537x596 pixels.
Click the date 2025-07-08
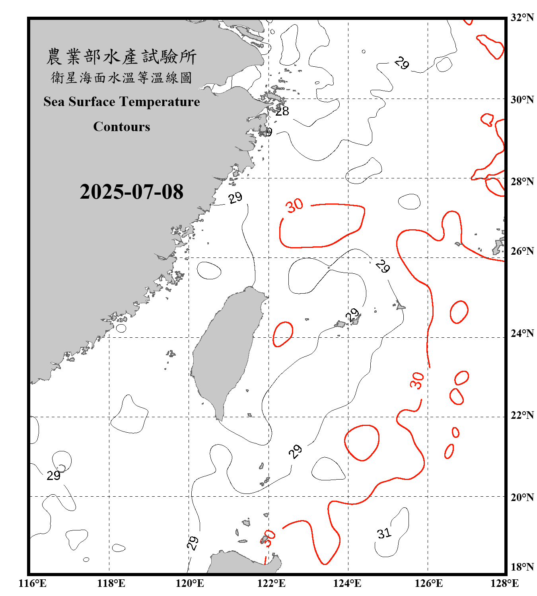click(x=131, y=192)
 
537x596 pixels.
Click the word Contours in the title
click(x=122, y=127)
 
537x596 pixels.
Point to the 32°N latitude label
click(x=522, y=17)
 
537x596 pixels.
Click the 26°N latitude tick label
click(x=522, y=251)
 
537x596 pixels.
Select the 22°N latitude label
click(x=522, y=415)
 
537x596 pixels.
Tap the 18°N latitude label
click(x=522, y=567)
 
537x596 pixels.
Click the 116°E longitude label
click(x=33, y=583)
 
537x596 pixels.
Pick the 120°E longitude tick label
click(x=190, y=583)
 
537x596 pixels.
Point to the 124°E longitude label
click(x=347, y=583)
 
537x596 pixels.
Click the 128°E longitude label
click(x=504, y=583)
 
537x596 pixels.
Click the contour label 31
click(x=384, y=533)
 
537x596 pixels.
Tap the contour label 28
click(x=282, y=111)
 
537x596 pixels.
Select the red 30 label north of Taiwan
click(x=295, y=206)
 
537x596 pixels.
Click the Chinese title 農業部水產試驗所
click(x=121, y=57)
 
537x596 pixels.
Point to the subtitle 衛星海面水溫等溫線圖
click(x=121, y=77)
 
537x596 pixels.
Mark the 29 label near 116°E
click(x=53, y=476)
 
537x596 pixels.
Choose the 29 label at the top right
click(x=401, y=63)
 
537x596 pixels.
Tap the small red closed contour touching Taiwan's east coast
click(x=283, y=334)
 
